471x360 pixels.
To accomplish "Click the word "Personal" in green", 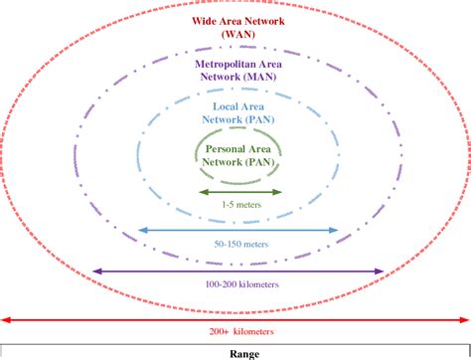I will coord(220,147).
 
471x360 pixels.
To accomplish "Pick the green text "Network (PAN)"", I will coord(237,160).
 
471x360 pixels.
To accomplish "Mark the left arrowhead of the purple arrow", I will coord(95,270).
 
